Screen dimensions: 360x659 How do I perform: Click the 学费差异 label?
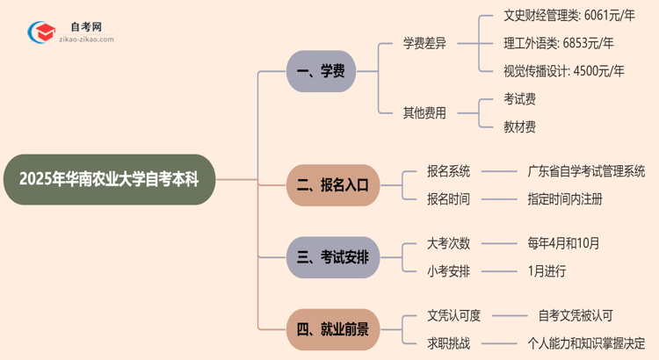(424, 43)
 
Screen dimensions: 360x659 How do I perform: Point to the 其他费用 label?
(424, 112)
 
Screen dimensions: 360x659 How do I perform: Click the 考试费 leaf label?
(519, 98)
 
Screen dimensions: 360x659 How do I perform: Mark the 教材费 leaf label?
(519, 126)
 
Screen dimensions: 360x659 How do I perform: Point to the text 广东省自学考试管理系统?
(586, 171)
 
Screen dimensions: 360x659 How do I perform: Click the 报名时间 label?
(448, 199)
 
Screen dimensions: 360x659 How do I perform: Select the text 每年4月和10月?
(565, 243)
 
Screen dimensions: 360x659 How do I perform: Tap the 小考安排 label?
(448, 271)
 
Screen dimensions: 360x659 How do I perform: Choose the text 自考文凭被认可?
(576, 315)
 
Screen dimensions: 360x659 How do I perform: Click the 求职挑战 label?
(448, 343)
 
